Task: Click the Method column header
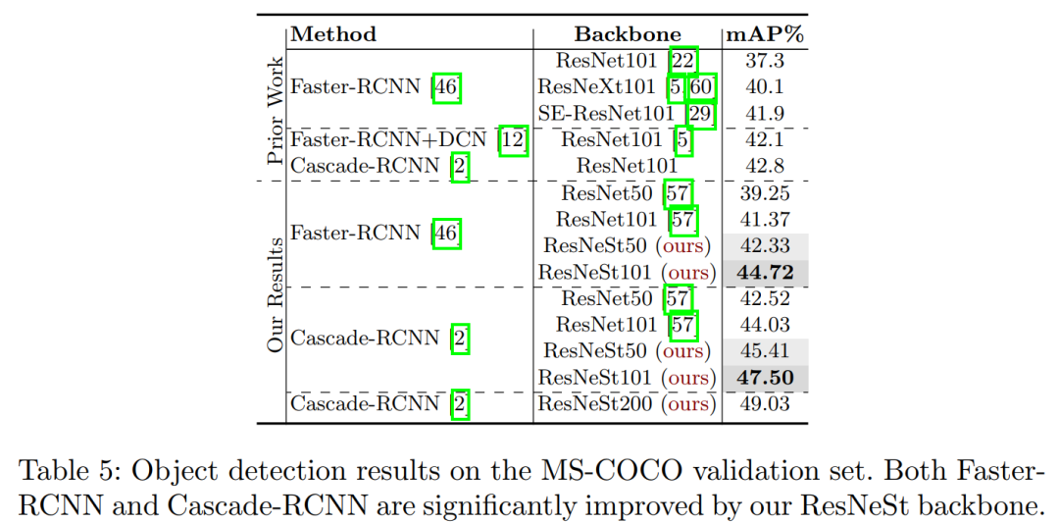pos(334,34)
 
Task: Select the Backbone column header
pos(628,34)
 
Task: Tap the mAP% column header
pos(765,34)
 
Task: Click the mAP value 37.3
pos(765,61)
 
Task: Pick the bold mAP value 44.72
pos(765,272)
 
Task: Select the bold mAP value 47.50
pos(765,378)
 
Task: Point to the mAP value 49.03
pos(765,404)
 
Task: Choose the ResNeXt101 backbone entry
pos(600,87)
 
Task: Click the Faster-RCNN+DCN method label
pos(392,140)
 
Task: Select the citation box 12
pos(514,140)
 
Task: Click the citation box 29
pos(700,114)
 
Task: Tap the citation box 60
pos(701,87)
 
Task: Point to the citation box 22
pos(682,61)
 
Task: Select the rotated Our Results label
pos(275,294)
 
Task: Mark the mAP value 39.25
pos(765,193)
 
